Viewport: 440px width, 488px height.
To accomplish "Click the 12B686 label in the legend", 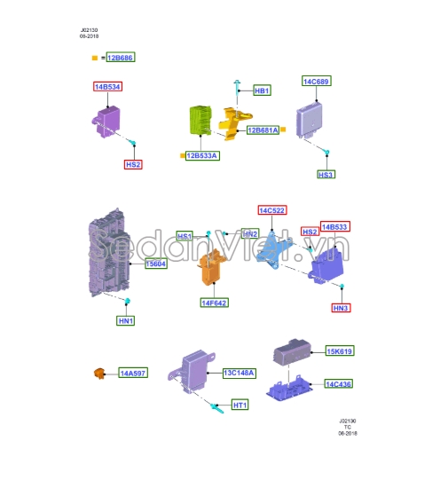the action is pos(121,58).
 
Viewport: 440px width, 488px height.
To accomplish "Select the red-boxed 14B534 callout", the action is pos(107,87).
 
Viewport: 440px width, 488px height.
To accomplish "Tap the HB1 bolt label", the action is pos(262,91).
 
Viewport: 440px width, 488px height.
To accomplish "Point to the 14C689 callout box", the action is pos(317,81).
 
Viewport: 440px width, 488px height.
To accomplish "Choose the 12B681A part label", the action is pos(263,130).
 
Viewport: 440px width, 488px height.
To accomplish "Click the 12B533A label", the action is pos(202,155).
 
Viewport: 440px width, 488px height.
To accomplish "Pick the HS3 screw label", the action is pos(326,175).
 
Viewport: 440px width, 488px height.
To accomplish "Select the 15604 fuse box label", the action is pos(156,264).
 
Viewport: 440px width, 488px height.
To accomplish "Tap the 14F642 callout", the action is pos(215,303).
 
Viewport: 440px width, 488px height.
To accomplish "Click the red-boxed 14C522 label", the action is pos(272,210).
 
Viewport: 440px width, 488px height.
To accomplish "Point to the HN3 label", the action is pos(341,308).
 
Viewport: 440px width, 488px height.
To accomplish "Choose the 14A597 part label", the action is pos(133,373).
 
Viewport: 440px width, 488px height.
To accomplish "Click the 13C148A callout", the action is pos(240,373).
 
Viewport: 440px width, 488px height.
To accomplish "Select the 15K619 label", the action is pos(340,351).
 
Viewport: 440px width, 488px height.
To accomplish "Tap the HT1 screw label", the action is pos(240,405).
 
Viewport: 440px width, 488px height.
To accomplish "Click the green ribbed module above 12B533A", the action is pos(200,120).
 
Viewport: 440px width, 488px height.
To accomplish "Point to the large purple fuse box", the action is pos(109,253).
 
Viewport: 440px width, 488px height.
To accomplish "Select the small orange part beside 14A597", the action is pos(99,374).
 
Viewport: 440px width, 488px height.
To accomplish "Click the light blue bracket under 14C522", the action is pos(274,250).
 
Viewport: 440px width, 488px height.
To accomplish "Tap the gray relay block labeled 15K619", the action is pos(292,352).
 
